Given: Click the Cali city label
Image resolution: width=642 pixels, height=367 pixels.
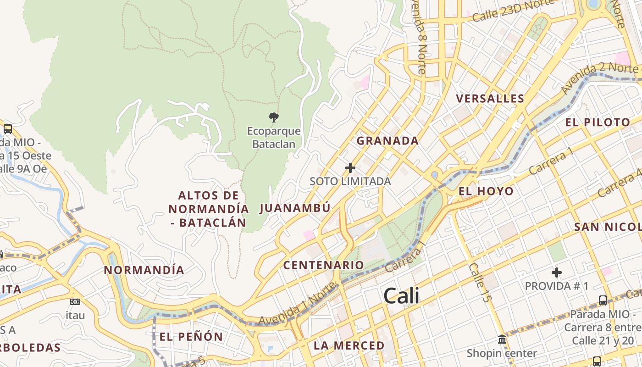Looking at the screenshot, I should [401, 296].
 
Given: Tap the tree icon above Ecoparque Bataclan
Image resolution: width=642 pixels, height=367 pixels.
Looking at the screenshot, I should [274, 117].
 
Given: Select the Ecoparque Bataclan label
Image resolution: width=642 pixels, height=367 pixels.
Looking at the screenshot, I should [274, 138].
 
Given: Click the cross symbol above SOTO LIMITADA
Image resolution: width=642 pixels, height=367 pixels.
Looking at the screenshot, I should [350, 168].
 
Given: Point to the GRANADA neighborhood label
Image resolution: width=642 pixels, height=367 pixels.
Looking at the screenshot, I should [387, 141].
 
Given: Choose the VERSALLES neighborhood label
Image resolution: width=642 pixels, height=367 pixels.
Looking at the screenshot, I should [490, 99].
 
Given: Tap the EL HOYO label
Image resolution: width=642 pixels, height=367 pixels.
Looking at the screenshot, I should [486, 191].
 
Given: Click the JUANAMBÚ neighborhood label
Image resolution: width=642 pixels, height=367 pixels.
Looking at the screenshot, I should [295, 208].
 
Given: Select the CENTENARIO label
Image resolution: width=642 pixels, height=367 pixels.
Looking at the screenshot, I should [323, 265].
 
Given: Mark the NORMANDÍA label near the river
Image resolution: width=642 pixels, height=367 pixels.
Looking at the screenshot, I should [144, 270].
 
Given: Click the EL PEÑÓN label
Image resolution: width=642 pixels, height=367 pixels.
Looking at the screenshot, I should [191, 337].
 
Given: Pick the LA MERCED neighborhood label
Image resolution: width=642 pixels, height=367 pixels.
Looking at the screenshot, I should [349, 345].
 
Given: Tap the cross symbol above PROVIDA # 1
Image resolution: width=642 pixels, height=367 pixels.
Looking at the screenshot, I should [557, 273].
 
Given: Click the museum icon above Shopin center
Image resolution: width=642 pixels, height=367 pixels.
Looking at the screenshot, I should [502, 340].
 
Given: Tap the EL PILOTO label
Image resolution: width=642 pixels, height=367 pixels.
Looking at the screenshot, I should [598, 122].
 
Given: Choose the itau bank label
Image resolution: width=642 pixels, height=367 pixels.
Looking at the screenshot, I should [75, 316].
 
